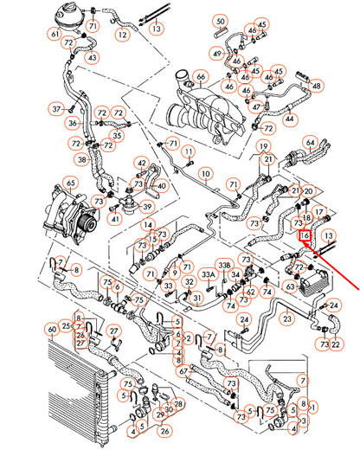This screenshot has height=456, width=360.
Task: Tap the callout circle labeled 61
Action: click(55, 34)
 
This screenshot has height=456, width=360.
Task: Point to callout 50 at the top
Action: click(220, 21)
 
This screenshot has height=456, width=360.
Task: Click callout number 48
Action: click(318, 86)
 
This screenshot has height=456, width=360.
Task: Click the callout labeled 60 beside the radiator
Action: click(53, 329)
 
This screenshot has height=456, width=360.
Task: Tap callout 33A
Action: click(208, 275)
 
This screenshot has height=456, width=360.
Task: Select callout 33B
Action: click(223, 266)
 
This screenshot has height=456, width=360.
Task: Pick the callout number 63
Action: click(291, 284)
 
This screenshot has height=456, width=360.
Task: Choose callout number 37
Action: click(58, 109)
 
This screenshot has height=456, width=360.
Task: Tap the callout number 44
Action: click(289, 117)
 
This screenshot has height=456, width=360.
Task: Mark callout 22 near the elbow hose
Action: click(337, 344)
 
